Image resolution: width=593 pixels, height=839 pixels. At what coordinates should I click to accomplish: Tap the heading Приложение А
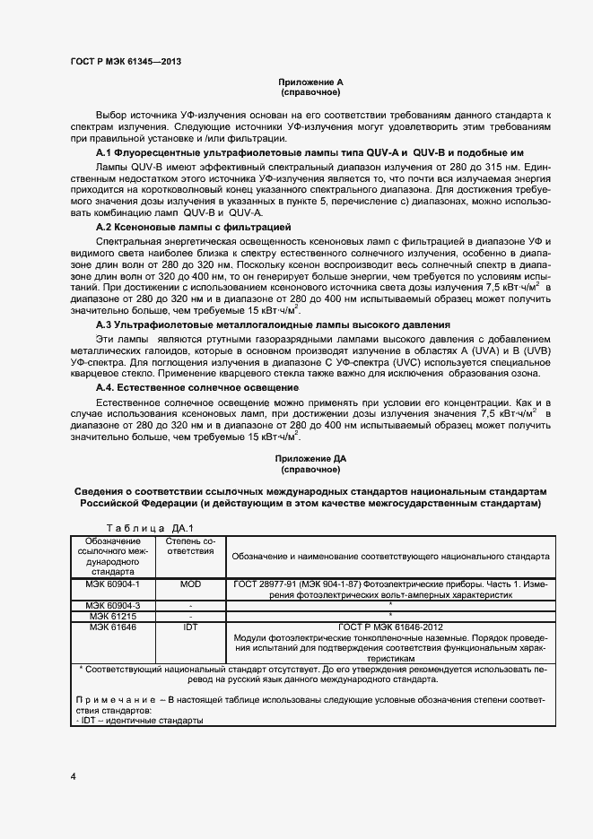pyautogui.click(x=310, y=82)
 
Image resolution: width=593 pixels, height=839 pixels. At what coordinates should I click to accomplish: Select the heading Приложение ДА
pyautogui.click(x=310, y=458)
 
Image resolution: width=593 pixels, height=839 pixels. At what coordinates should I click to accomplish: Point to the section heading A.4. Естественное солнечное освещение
pyautogui.click(x=197, y=387)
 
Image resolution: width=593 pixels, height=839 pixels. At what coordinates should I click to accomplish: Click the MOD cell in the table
pyautogui.click(x=190, y=584)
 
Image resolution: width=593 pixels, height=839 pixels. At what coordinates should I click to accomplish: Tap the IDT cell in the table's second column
pyautogui.click(x=190, y=627)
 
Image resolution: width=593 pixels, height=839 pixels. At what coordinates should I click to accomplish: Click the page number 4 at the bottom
pyautogui.click(x=73, y=775)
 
